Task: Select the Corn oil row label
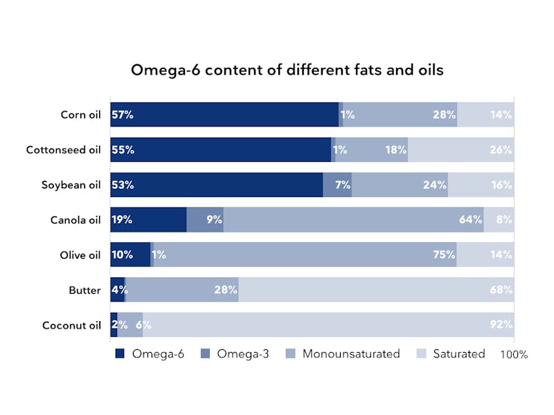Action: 80,115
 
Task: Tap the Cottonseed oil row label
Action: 63,150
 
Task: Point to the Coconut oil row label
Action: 71,325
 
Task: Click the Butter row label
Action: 84,290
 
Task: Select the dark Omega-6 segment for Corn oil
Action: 224,115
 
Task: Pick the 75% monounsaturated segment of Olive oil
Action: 305,255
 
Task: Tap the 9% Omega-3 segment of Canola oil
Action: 205,220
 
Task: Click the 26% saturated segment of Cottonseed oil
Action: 461,150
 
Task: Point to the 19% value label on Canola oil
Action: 122,220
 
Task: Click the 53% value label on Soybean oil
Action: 123,185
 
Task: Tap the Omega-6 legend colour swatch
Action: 120,353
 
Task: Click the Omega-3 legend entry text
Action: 242,353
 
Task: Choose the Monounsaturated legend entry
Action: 351,353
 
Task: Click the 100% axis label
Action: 513,355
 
